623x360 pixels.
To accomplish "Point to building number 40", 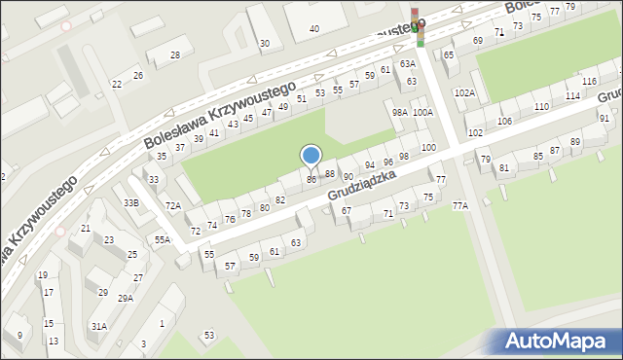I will (313, 29).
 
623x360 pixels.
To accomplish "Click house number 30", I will (264, 43).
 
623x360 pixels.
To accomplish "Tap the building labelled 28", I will (175, 55).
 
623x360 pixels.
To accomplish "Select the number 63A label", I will (407, 64).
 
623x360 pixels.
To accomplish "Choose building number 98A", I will (399, 113).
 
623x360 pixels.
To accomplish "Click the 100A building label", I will (422, 113).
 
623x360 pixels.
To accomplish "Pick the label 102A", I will (464, 93).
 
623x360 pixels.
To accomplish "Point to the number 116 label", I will (589, 81).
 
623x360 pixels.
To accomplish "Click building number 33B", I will (131, 202).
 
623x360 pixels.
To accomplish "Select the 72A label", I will (173, 206).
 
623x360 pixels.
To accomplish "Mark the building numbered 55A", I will (163, 239).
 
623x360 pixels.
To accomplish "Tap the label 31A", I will (99, 327).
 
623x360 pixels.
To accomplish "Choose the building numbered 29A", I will (126, 299).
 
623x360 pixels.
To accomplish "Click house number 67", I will (346, 211).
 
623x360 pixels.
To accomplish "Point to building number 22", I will (117, 85).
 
